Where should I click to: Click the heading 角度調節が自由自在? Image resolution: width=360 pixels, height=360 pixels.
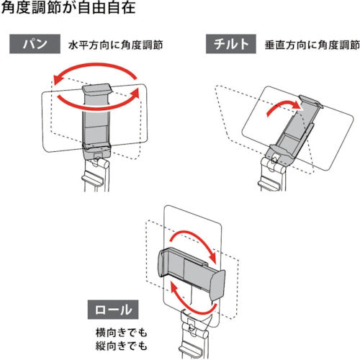[x=68, y=6]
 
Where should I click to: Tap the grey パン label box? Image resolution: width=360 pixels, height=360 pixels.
[x=35, y=44]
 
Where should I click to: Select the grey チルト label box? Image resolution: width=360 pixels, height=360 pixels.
[x=231, y=44]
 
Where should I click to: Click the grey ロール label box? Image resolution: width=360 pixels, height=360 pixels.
[x=113, y=310]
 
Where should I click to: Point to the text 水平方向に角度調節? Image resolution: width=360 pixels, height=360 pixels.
[x=116, y=45]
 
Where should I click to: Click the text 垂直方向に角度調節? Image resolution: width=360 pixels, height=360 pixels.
[x=312, y=45]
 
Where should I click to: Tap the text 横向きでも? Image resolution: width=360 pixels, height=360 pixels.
[x=121, y=333]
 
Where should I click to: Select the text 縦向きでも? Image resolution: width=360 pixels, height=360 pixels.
[x=121, y=346]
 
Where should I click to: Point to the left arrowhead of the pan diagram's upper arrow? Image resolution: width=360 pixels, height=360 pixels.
[x=57, y=80]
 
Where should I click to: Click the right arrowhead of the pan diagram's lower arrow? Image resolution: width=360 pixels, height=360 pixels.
[x=135, y=93]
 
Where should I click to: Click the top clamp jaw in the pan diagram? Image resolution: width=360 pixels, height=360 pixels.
[x=97, y=89]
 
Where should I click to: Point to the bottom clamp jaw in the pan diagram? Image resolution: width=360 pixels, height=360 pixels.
[x=96, y=147]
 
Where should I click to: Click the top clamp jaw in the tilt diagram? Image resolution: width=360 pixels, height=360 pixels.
[x=310, y=101]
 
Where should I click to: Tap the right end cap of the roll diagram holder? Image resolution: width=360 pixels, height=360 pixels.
[x=217, y=286]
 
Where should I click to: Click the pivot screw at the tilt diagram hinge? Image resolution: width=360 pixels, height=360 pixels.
[x=274, y=158]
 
